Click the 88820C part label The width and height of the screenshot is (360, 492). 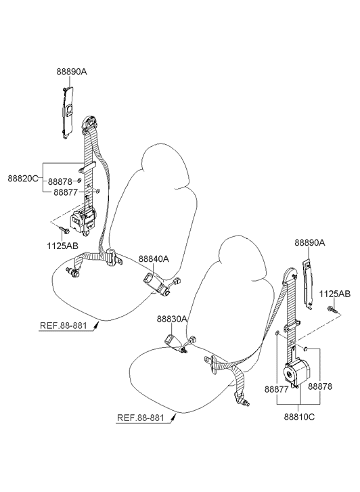click(x=23, y=179)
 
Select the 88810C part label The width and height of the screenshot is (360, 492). click(x=299, y=417)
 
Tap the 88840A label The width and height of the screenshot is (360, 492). click(x=154, y=259)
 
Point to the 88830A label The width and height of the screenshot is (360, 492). click(x=172, y=319)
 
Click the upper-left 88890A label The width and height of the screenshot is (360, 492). click(x=72, y=72)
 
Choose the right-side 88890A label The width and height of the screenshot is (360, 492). click(x=310, y=242)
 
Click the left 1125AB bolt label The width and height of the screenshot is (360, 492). click(x=63, y=246)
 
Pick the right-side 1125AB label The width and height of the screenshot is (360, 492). click(x=335, y=294)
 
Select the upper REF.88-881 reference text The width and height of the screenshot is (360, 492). click(x=63, y=326)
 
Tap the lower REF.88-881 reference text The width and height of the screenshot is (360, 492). click(x=140, y=418)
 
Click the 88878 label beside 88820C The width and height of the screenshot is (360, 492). click(x=60, y=181)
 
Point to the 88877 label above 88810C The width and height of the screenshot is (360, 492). click(x=276, y=389)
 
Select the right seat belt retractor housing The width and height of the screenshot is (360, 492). click(x=297, y=373)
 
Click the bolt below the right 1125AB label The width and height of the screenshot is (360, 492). click(x=333, y=310)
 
